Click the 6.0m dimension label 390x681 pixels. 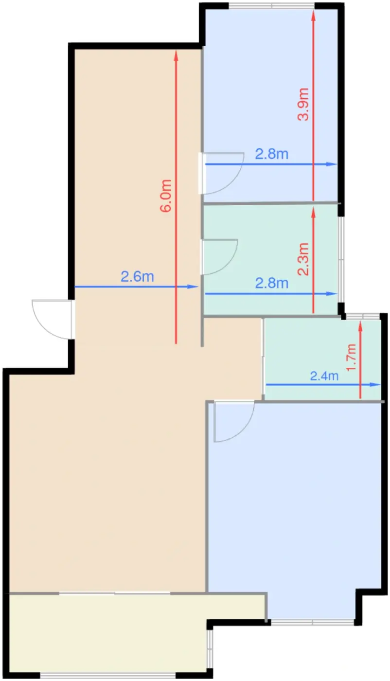[166, 195]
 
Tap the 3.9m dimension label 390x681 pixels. [303, 104]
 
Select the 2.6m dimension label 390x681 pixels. [138, 277]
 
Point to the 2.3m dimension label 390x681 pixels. [303, 259]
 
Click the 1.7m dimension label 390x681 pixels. [351, 357]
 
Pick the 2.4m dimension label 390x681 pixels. [324, 376]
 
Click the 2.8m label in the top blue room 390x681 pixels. [271, 154]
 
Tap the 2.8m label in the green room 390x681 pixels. [271, 283]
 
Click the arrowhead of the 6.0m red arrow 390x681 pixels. [176, 54]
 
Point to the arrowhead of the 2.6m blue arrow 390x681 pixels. [193, 287]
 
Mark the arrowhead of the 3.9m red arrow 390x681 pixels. [313, 14]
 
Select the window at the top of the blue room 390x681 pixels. [271, 5]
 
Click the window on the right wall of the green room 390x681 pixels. [341, 259]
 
